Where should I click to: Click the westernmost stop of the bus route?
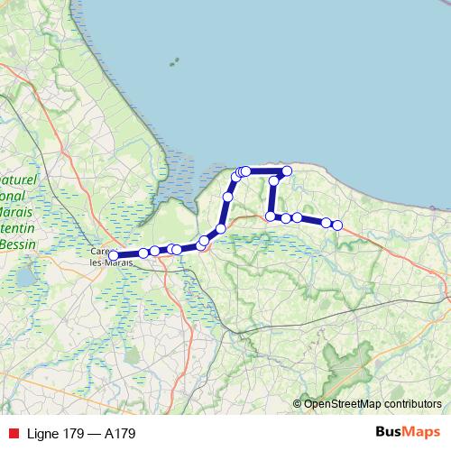click(x=113, y=255)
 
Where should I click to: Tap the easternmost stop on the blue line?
click(x=337, y=225)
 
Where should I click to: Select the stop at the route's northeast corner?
click(x=288, y=170)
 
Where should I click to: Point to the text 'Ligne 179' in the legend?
click(x=49, y=434)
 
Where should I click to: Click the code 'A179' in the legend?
click(x=120, y=434)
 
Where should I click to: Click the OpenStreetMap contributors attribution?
click(x=373, y=404)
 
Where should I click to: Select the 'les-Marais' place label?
click(x=113, y=262)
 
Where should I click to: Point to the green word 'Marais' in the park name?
click(x=17, y=211)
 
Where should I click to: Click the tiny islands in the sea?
click(x=172, y=63)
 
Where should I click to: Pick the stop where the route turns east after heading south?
click(x=271, y=216)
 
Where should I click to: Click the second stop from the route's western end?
click(x=143, y=253)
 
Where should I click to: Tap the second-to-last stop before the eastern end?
click(x=326, y=222)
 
